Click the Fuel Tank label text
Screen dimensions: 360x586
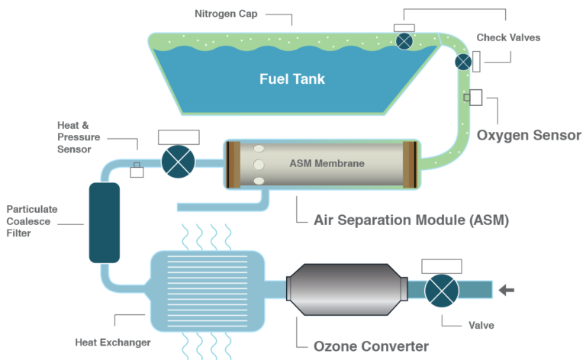point(292,79)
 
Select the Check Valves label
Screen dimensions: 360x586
point(508,37)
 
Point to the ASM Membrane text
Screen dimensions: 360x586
point(327,163)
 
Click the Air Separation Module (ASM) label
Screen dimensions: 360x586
point(411,220)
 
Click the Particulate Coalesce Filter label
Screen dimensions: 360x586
point(32,221)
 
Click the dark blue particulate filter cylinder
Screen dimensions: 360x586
point(105,223)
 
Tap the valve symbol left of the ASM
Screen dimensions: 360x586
point(179,162)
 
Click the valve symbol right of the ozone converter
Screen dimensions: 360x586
point(441,291)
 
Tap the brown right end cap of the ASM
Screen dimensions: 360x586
point(409,164)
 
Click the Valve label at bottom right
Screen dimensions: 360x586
point(480,325)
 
